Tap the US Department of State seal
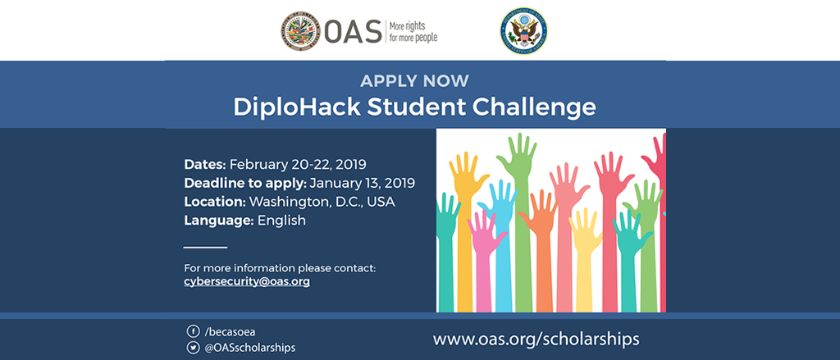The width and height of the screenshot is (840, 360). coord(524,30)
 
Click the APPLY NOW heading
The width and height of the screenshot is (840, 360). coord(414,81)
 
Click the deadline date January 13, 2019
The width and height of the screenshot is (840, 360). coord(362,183)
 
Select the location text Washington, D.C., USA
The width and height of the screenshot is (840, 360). coord(322,202)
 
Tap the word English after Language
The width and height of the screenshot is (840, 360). coord(282,220)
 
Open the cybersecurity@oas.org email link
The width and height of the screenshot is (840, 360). coord(247,280)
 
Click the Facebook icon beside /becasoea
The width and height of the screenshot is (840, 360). coord(193,331)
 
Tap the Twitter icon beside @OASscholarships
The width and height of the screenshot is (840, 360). coord(193,348)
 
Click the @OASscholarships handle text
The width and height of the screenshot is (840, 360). coord(249,348)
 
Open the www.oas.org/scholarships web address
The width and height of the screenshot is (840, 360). coord(536,339)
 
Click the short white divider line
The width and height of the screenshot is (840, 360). coord(206,248)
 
